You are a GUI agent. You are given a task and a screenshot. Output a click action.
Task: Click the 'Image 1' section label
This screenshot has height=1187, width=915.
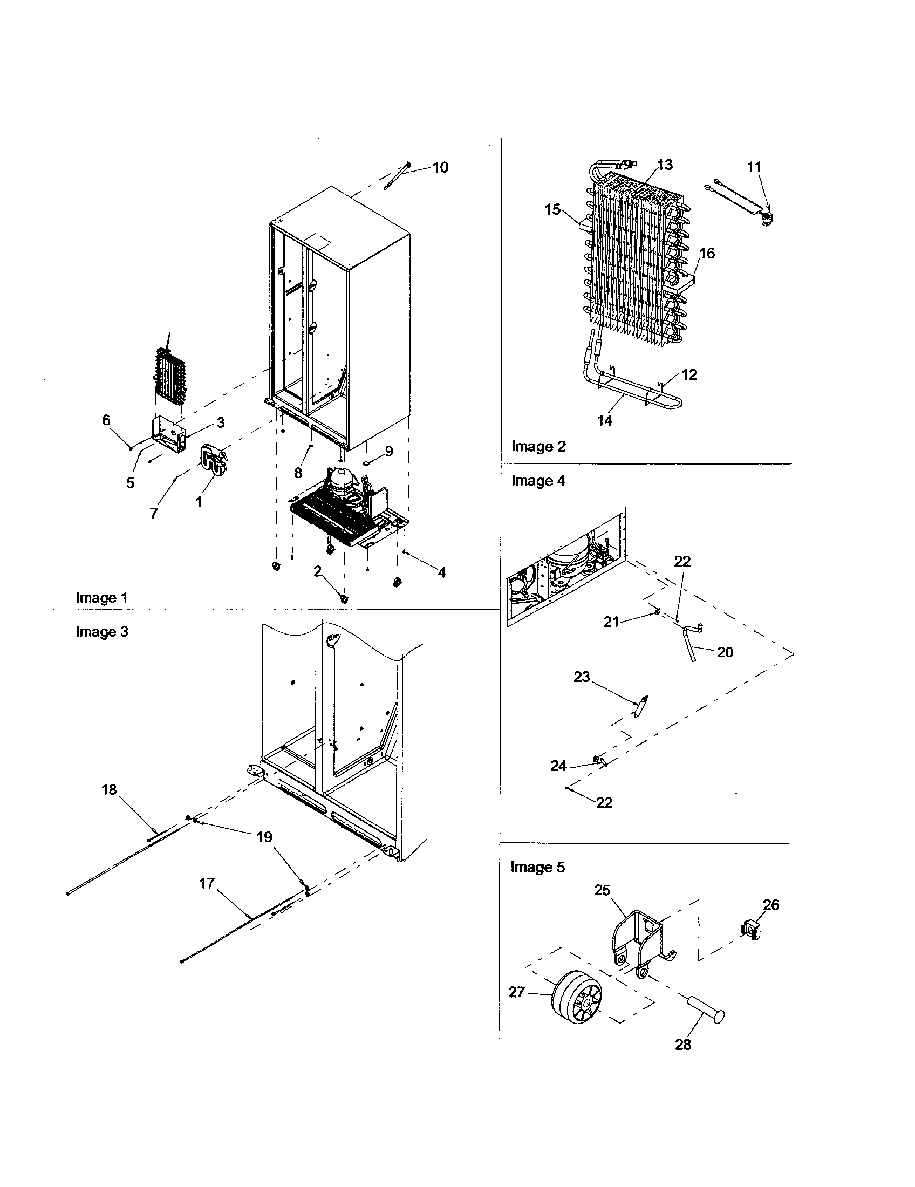tap(101, 598)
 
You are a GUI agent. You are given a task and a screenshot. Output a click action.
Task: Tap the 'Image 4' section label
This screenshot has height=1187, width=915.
tap(538, 480)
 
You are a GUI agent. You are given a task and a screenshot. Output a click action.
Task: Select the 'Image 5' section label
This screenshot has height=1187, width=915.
tap(537, 867)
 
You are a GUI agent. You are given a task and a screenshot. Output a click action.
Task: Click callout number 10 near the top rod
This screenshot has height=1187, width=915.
tap(440, 167)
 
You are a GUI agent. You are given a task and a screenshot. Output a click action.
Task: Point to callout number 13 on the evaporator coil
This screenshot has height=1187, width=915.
tap(665, 164)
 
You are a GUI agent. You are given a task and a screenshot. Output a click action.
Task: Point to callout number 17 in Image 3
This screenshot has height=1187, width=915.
tap(207, 883)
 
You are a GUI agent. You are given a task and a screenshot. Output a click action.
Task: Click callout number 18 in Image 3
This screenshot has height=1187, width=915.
tap(109, 789)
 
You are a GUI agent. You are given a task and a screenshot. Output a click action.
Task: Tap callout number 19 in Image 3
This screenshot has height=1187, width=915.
tap(264, 836)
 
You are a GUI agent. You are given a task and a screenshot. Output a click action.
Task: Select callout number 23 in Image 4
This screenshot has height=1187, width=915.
tap(582, 677)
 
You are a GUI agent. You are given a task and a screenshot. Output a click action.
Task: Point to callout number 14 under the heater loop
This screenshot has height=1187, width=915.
tap(605, 420)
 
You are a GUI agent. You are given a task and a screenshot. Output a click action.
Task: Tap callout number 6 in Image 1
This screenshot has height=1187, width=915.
tap(106, 420)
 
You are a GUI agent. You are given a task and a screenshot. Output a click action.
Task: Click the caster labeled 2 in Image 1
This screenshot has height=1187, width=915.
tap(344, 598)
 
